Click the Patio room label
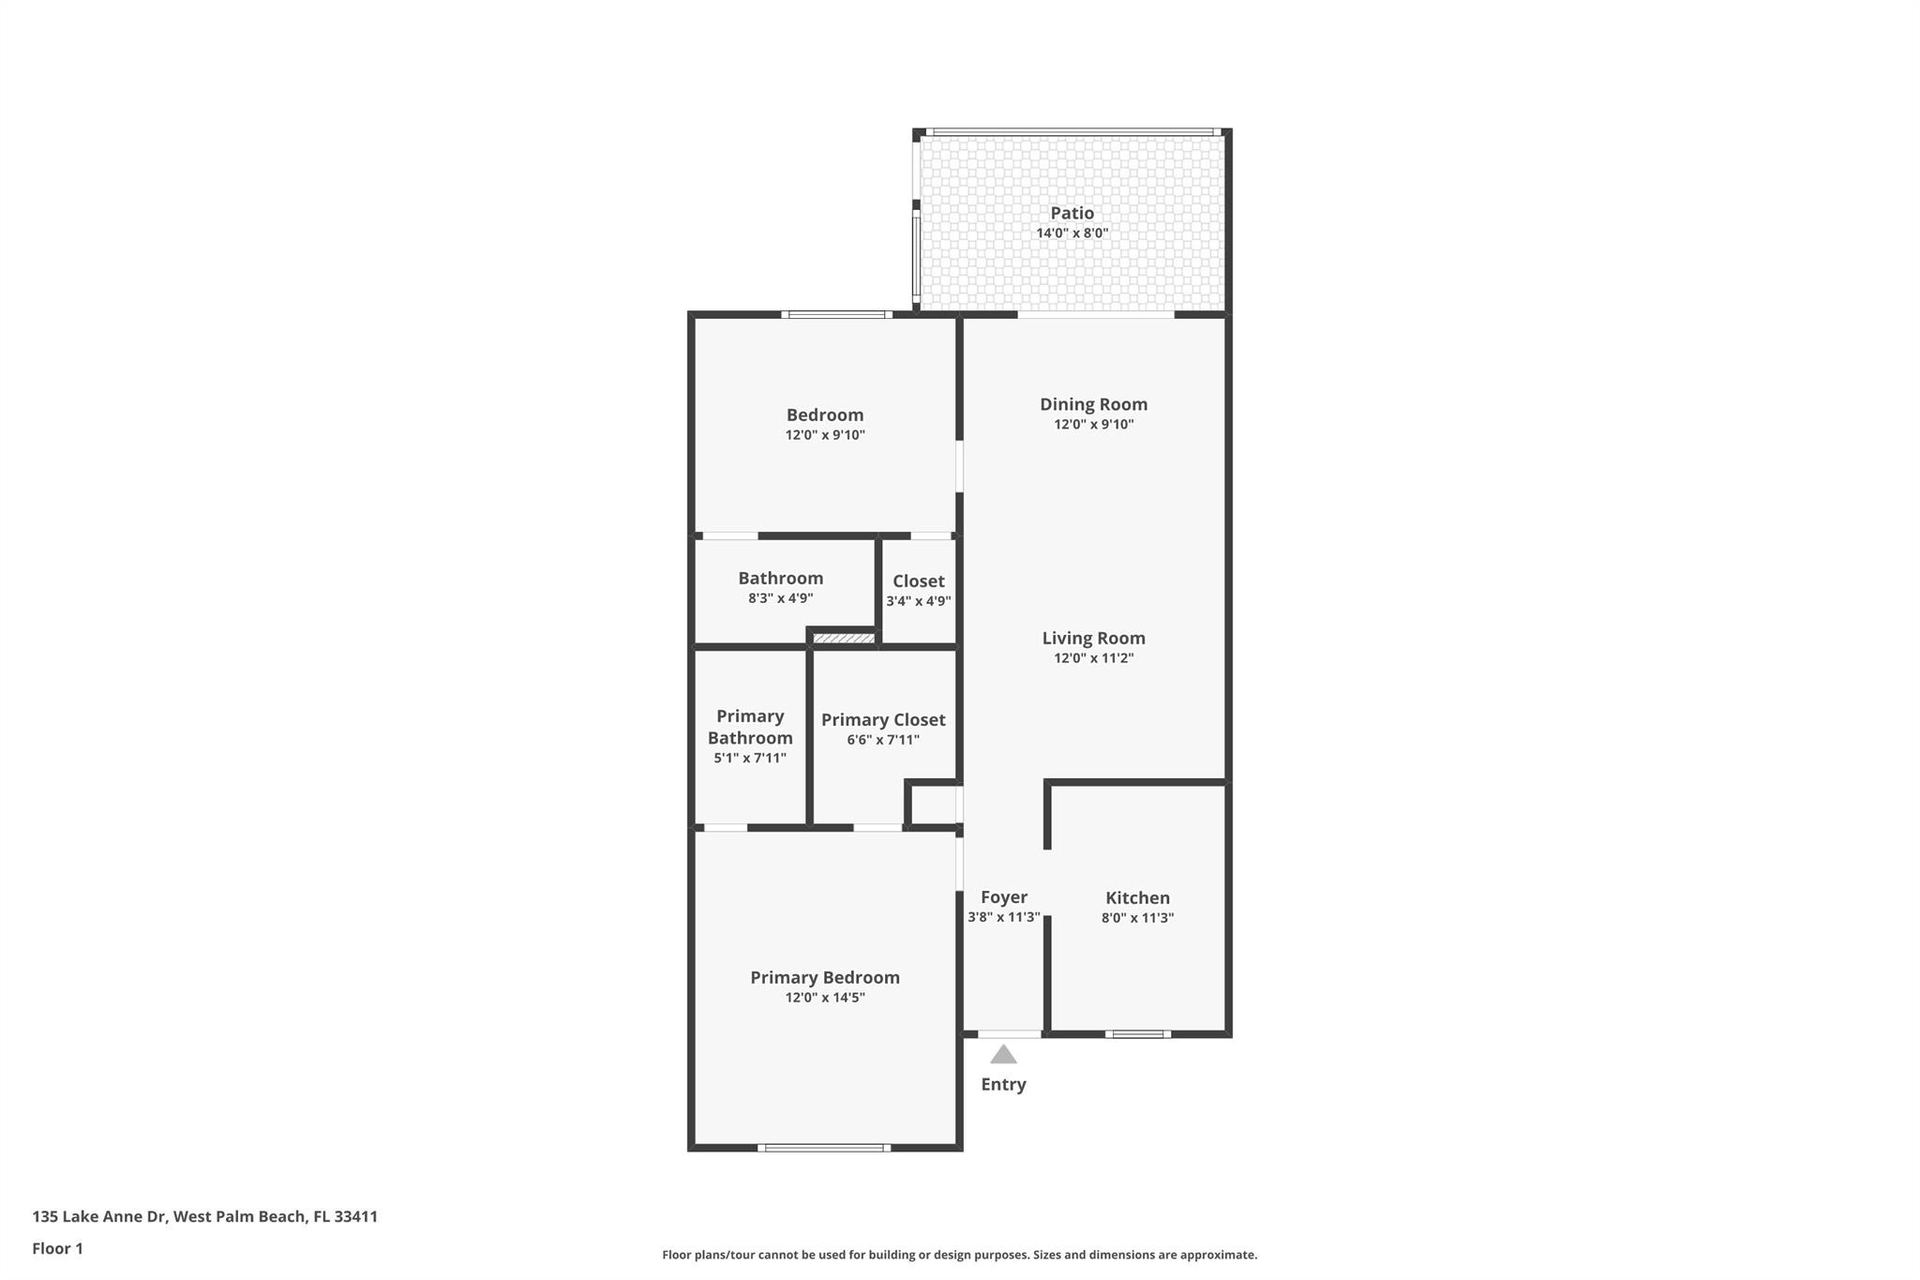(1072, 213)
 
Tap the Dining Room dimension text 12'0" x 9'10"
(1093, 425)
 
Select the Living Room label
(1093, 638)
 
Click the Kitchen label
(1137, 897)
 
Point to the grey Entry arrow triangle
(1003, 1055)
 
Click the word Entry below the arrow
(1003, 1084)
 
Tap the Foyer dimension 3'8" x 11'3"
(1003, 917)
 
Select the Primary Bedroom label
(824, 977)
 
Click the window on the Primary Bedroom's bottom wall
(824, 1147)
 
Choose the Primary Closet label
(883, 719)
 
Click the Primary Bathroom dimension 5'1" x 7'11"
(750, 758)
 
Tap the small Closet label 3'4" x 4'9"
(918, 601)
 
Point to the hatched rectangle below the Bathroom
(843, 639)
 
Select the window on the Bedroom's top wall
(837, 315)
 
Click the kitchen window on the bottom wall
(1137, 1034)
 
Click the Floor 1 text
(57, 1248)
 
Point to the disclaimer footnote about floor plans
(959, 1255)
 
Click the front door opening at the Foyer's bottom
(1009, 1034)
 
